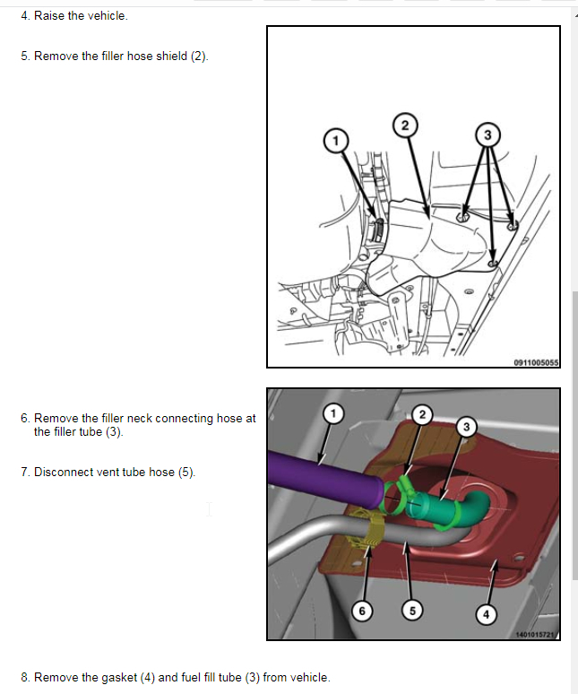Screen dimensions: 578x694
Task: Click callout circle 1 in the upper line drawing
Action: [335, 141]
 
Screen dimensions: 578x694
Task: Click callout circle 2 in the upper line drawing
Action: [404, 126]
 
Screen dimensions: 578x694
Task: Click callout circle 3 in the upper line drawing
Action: [487, 135]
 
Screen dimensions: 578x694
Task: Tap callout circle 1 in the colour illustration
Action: [333, 413]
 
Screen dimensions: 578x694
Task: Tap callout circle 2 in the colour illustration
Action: [424, 414]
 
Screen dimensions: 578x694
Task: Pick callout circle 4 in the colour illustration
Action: [486, 614]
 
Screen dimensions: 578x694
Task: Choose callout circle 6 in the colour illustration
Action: [361, 611]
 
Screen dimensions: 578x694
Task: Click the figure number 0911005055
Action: [536, 362]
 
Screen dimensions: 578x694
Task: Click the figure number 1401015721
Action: [537, 634]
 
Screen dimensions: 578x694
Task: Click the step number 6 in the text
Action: [24, 418]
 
